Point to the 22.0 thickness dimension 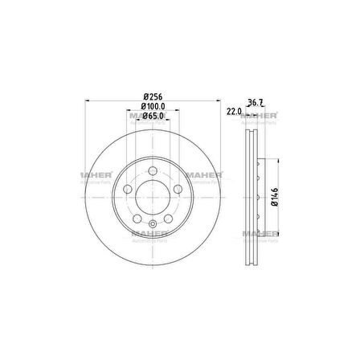pyautogui.click(x=234, y=111)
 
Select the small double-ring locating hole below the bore pyautogui.click(x=152, y=223)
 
